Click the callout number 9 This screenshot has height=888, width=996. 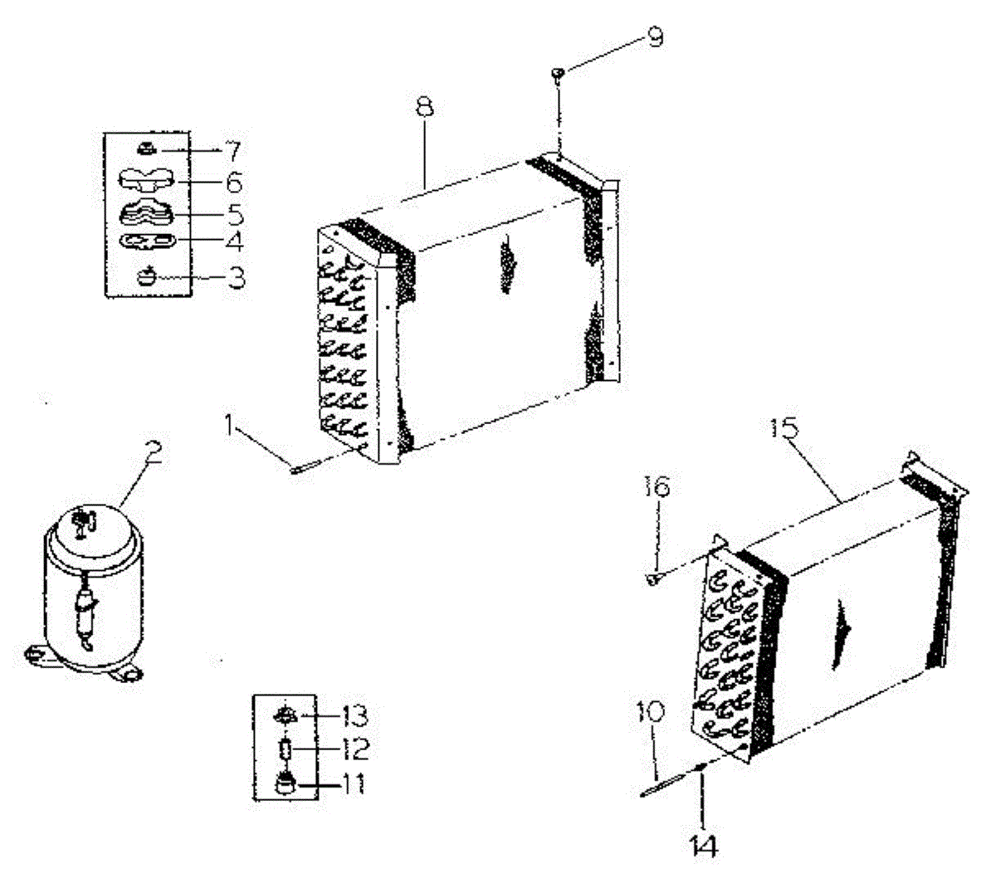click(x=656, y=38)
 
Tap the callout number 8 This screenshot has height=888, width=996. click(x=425, y=109)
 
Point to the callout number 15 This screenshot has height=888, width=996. click(x=784, y=429)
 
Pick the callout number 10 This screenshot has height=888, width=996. click(x=652, y=711)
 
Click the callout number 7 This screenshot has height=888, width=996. click(x=232, y=151)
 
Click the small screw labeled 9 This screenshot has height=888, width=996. click(x=557, y=76)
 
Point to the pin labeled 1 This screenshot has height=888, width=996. click(x=297, y=466)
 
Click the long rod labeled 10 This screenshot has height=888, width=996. click(x=664, y=784)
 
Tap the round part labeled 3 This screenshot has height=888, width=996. click(x=147, y=275)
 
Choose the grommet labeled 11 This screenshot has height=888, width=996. click(x=285, y=783)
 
